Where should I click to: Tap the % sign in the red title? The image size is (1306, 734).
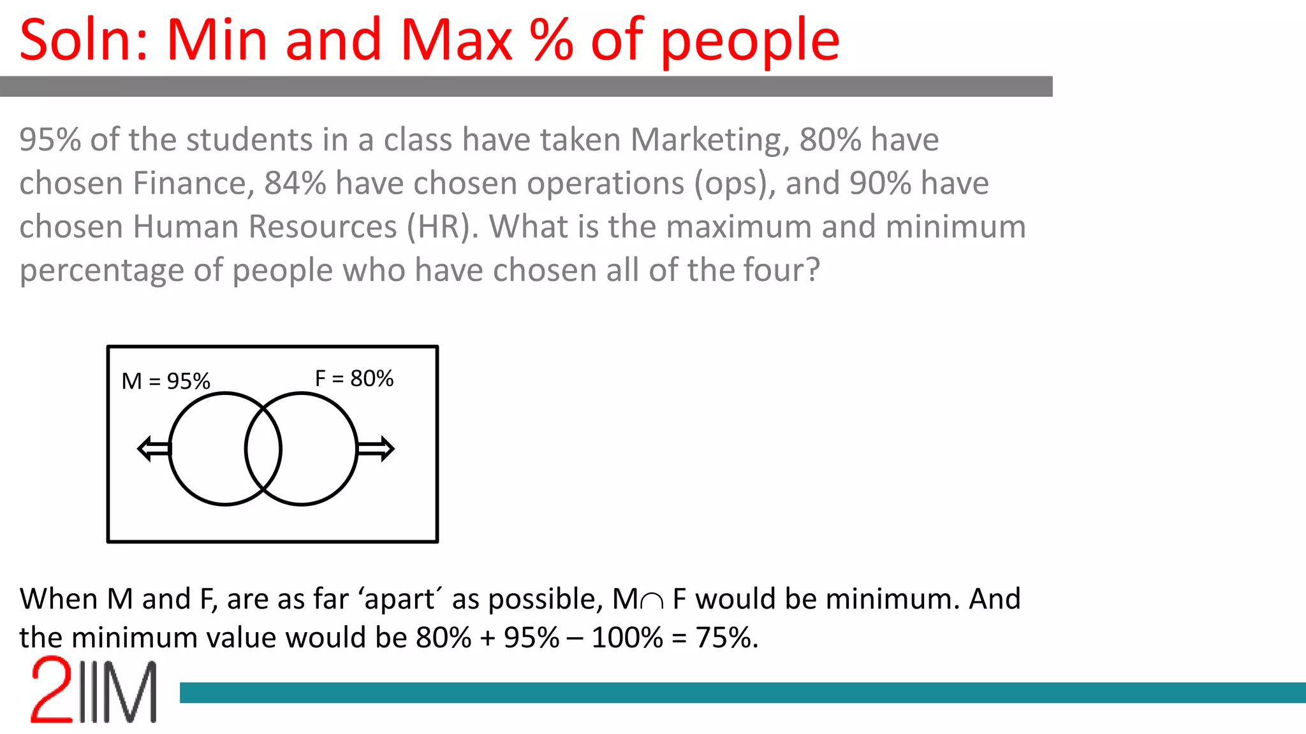pyautogui.click(x=552, y=40)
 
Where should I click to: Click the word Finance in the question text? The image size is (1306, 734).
pyautogui.click(x=189, y=183)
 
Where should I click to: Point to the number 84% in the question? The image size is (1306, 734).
pyautogui.click(x=295, y=183)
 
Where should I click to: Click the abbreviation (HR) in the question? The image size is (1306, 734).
pyautogui.click(x=442, y=227)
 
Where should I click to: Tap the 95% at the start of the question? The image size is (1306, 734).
pyautogui.click(x=50, y=140)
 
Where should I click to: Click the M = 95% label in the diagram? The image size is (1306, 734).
pyautogui.click(x=166, y=381)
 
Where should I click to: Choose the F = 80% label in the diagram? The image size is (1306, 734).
pyautogui.click(x=354, y=378)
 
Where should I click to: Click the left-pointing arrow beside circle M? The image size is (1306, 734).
pyautogui.click(x=154, y=449)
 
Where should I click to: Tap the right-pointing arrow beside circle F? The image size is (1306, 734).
pyautogui.click(x=376, y=449)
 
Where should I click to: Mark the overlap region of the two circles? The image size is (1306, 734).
pyautogui.click(x=263, y=449)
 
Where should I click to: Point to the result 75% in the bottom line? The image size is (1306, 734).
pyautogui.click(x=726, y=637)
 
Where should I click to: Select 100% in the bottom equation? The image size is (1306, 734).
pyautogui.click(x=627, y=637)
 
